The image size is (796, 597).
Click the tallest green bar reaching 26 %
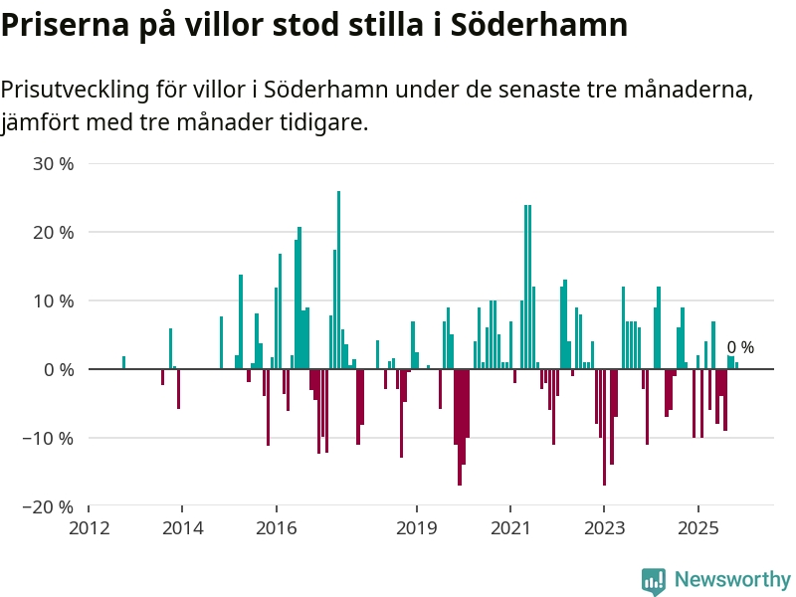(x=338, y=279)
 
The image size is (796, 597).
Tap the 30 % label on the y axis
(x=54, y=163)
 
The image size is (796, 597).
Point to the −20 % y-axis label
(x=48, y=506)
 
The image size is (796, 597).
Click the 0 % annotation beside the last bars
(x=740, y=348)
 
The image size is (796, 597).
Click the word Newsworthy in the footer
(x=732, y=579)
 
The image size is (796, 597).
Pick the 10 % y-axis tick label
(x=54, y=300)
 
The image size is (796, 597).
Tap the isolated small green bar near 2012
(x=123, y=362)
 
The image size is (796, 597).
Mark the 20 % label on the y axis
(x=54, y=232)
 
